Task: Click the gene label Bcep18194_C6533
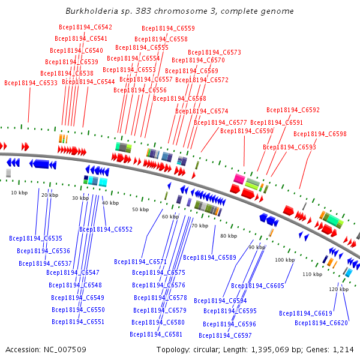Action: (31, 83)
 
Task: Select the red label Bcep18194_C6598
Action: (320, 134)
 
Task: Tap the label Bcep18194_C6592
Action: (293, 110)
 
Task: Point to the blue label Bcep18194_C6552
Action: (106, 229)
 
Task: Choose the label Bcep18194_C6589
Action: (209, 257)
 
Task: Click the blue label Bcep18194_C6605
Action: (257, 286)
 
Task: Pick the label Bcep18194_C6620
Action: (321, 323)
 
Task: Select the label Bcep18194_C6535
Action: (35, 238)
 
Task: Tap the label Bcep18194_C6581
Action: (156, 334)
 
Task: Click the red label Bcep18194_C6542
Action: (85, 27)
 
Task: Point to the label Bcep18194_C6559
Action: (168, 28)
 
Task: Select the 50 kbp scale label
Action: (140, 209)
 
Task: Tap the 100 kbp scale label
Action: (285, 260)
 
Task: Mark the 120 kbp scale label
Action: (338, 289)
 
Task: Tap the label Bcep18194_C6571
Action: (140, 262)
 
